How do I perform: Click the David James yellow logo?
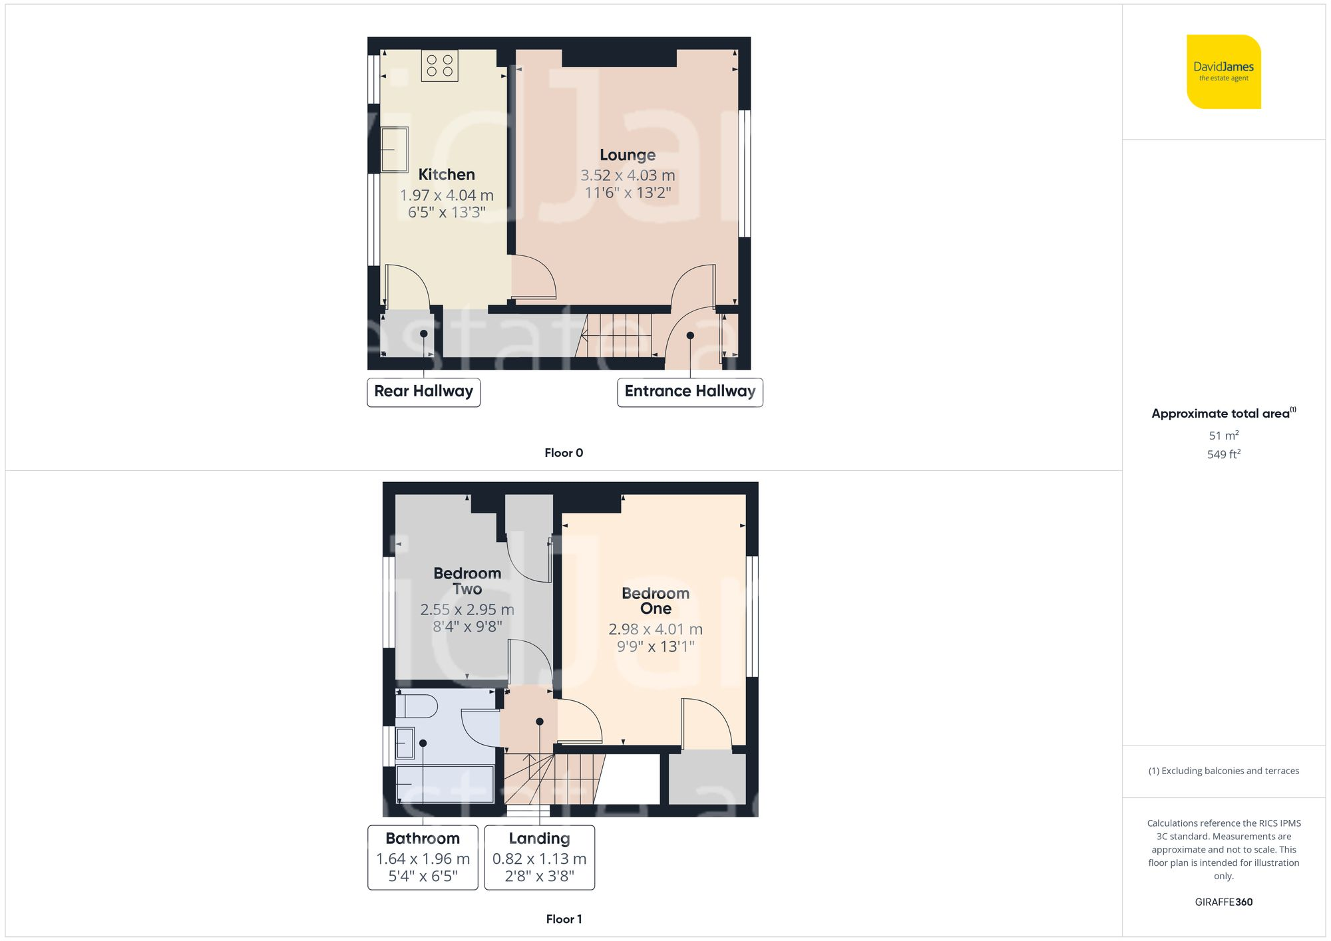pyautogui.click(x=1223, y=72)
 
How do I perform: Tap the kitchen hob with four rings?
pyautogui.click(x=439, y=65)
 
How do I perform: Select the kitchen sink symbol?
pyautogui.click(x=394, y=150)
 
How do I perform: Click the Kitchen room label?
pyautogui.click(x=447, y=175)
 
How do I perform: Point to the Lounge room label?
pyautogui.click(x=628, y=155)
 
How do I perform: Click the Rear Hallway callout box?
pyautogui.click(x=423, y=392)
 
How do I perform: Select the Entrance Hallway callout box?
pyautogui.click(x=689, y=392)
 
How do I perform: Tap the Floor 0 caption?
pyautogui.click(x=564, y=453)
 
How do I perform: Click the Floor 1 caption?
pyautogui.click(x=564, y=919)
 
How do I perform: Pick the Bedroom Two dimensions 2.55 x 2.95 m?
pyautogui.click(x=467, y=609)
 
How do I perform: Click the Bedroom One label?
pyautogui.click(x=656, y=601)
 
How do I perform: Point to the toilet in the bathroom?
pyautogui.click(x=417, y=706)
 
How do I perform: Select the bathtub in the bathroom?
pyautogui.click(x=445, y=785)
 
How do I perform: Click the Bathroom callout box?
pyautogui.click(x=423, y=857)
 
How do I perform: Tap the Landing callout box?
pyautogui.click(x=539, y=857)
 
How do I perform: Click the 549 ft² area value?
pyautogui.click(x=1223, y=454)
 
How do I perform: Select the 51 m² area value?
pyautogui.click(x=1223, y=436)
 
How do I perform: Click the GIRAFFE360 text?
pyautogui.click(x=1223, y=902)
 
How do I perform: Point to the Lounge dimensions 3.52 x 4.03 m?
pyautogui.click(x=628, y=176)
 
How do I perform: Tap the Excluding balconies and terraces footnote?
pyautogui.click(x=1223, y=771)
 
